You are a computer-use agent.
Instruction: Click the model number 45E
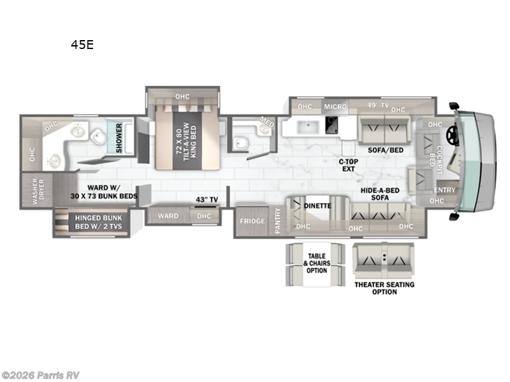pyautogui.click(x=82, y=45)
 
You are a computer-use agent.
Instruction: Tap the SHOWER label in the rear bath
pyautogui.click(x=118, y=137)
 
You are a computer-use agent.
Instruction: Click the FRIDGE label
pyautogui.click(x=252, y=222)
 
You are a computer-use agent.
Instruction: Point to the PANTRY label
pyautogui.click(x=278, y=221)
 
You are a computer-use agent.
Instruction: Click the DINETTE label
pyautogui.click(x=317, y=206)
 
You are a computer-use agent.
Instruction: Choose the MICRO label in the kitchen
pyautogui.click(x=335, y=106)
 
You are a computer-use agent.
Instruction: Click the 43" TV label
pyautogui.click(x=207, y=200)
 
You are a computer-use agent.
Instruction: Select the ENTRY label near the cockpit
pyautogui.click(x=444, y=190)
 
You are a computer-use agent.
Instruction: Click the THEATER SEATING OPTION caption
pyautogui.click(x=384, y=288)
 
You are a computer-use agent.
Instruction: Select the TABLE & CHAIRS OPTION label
pyautogui.click(x=317, y=263)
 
